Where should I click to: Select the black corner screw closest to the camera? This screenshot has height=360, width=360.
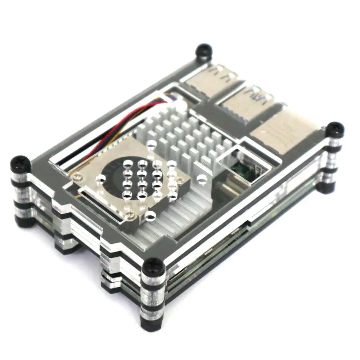tap(154, 267)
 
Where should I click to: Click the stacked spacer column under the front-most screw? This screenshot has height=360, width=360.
tap(153, 302)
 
